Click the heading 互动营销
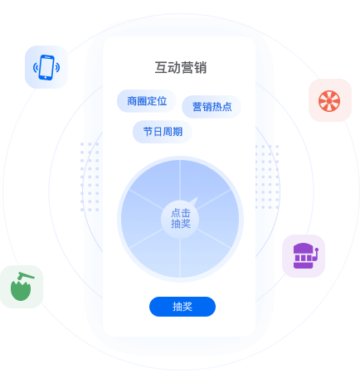pyautogui.click(x=180, y=68)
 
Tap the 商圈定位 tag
pyautogui.click(x=147, y=101)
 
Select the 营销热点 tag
pyautogui.click(x=212, y=107)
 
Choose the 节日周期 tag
pyautogui.click(x=163, y=132)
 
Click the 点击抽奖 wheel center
pyautogui.click(x=180, y=218)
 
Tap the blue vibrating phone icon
pyautogui.click(x=46, y=67)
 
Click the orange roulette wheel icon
pyautogui.click(x=329, y=100)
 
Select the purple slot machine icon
pyautogui.click(x=305, y=256)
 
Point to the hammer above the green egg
pyautogui.click(x=26, y=275)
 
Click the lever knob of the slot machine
pyautogui.click(x=317, y=249)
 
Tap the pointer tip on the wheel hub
pyautogui.click(x=197, y=197)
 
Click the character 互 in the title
pyautogui.click(x=161, y=68)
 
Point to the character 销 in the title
pyautogui.click(x=200, y=68)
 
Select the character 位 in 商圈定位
pyautogui.click(x=162, y=101)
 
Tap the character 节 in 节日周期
pyautogui.click(x=148, y=132)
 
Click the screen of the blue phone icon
pyautogui.click(x=46, y=66)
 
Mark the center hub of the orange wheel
pyautogui.click(x=329, y=101)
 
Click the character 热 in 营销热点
pyautogui.click(x=216, y=107)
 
